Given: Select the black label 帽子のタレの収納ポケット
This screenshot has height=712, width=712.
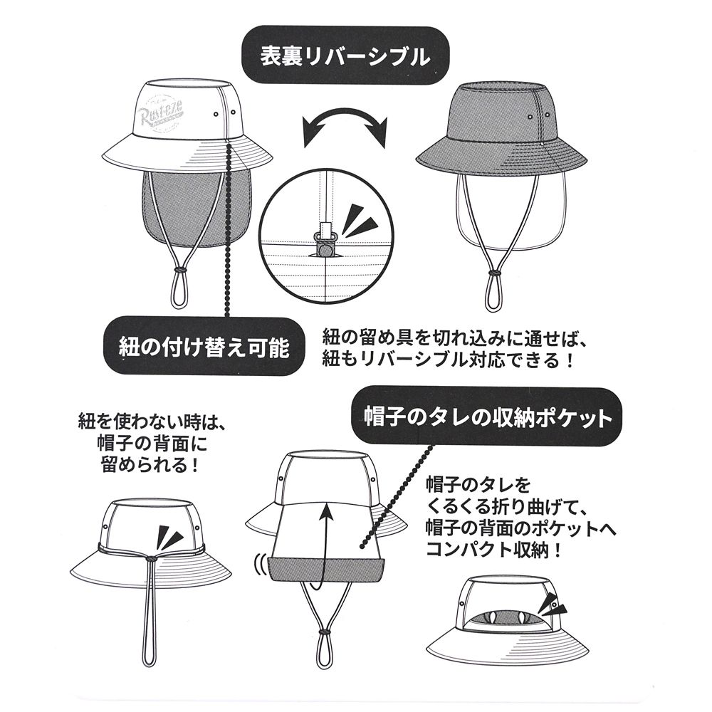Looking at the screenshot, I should (x=483, y=416).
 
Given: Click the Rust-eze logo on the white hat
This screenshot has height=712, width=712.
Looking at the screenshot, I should (x=163, y=112).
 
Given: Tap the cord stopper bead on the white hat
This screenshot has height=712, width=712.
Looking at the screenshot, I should (x=180, y=271).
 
